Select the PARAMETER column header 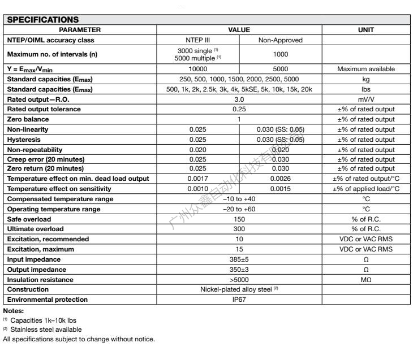coord(80,29)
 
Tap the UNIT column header coord(365,29)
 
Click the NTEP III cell coord(198,40)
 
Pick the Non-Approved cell coord(281,40)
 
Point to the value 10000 coord(198,69)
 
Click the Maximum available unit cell coord(365,69)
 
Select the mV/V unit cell coord(365,99)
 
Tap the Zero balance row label coord(28,119)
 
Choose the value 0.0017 coord(198,179)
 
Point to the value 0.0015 coord(281,189)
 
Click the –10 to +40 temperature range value coord(239,199)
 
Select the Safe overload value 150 coord(239,219)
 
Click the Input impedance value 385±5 coord(239,259)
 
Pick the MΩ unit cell coord(365,279)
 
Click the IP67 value coord(239,300)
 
